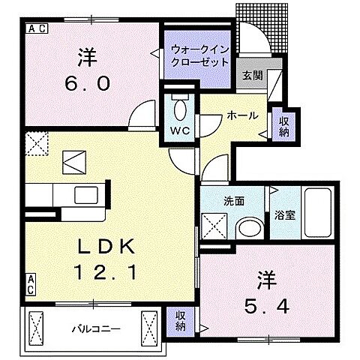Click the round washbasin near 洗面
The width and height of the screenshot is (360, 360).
pyautogui.click(x=248, y=229)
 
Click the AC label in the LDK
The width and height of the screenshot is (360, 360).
pyautogui.click(x=31, y=284)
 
